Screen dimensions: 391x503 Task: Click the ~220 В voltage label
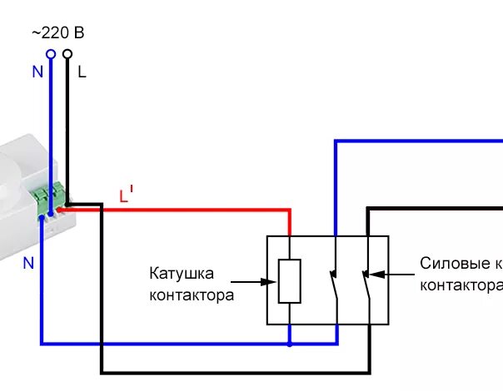pos(57,33)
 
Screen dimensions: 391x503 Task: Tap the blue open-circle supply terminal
pos(50,55)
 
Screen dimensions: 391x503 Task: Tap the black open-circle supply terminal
pos(67,55)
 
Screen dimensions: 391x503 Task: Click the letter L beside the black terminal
pos(82,72)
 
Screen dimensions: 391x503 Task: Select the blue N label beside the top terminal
pos(37,72)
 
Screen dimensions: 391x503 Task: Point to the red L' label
pos(126,196)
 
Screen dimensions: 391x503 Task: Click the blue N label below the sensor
pos(28,263)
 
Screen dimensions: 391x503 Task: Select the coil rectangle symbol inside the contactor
pos(289,280)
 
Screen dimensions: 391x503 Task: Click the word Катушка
pos(182,273)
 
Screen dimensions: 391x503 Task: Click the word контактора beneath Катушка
pos(192,294)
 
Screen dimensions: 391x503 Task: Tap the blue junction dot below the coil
pos(289,342)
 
